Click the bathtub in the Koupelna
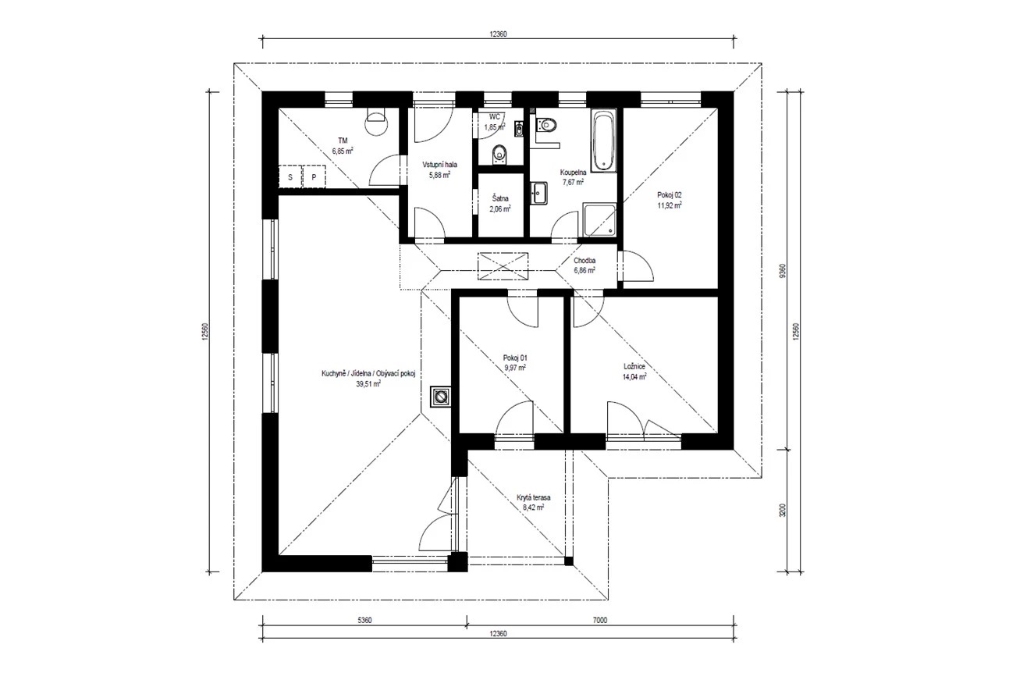click(x=603, y=141)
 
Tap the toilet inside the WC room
click(x=499, y=154)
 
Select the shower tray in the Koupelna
click(x=600, y=219)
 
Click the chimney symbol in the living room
click(x=441, y=397)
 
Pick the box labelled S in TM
click(x=290, y=177)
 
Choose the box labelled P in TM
click(x=314, y=177)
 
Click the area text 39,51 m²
click(x=368, y=384)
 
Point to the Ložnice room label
click(x=634, y=366)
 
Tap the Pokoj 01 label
click(x=515, y=358)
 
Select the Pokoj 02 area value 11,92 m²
click(x=670, y=205)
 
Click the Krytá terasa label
click(x=533, y=497)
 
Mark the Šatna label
click(x=500, y=198)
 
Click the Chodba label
click(x=584, y=261)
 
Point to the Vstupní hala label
click(x=439, y=165)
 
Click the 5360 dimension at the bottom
click(x=364, y=620)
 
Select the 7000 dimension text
click(x=600, y=620)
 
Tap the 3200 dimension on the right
click(x=783, y=511)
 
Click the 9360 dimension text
click(x=783, y=271)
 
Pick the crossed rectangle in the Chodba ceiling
click(x=503, y=266)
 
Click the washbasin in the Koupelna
click(x=538, y=193)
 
